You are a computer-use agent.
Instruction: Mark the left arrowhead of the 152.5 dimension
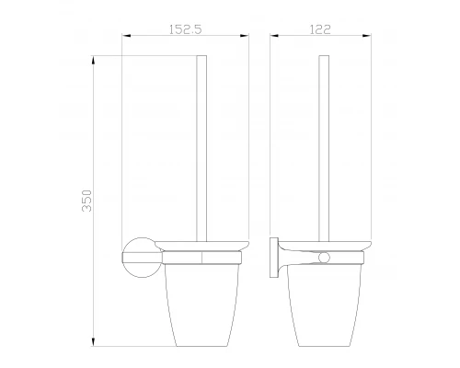pos(125,37)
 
